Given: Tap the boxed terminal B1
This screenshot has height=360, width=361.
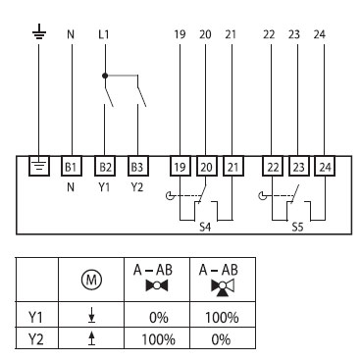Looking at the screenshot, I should (x=71, y=166).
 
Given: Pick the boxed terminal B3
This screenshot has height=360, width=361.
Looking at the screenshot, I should (x=137, y=166).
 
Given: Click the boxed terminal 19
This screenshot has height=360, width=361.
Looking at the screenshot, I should (x=180, y=166).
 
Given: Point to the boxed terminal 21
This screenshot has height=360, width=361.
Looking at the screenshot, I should (x=231, y=166).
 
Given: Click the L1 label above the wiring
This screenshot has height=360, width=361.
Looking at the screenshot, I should (x=105, y=35).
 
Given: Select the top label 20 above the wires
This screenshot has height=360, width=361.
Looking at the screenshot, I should (x=205, y=35).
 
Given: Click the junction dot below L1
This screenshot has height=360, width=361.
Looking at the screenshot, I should (x=104, y=74).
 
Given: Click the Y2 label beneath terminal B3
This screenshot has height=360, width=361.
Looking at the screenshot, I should (x=137, y=183).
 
